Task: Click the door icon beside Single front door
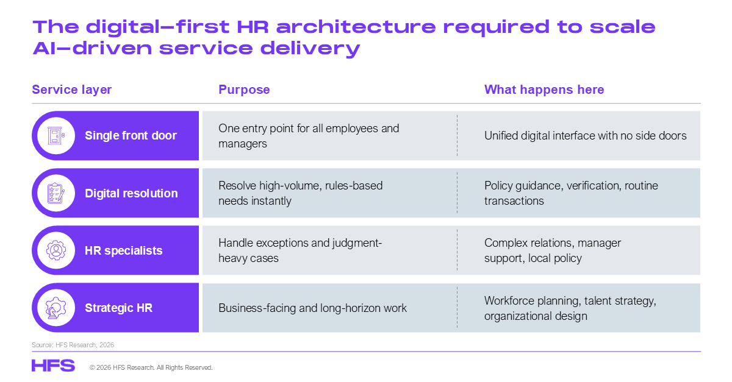[x=56, y=135]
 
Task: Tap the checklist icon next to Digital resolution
[x=56, y=193]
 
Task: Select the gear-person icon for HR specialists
[x=56, y=250]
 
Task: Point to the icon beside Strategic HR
[x=56, y=308]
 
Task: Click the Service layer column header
[x=71, y=90]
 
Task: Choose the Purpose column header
[x=244, y=90]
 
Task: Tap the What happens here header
[x=544, y=90]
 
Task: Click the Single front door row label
[x=131, y=135]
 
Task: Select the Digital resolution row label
[x=131, y=193]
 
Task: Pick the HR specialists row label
[x=123, y=251]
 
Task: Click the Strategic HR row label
[x=118, y=308]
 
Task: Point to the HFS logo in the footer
[x=53, y=366]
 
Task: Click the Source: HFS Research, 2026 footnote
[x=73, y=345]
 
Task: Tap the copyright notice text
[x=151, y=367]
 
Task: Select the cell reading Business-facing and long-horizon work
[x=312, y=308]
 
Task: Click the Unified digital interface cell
[x=585, y=135]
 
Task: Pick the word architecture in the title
[x=356, y=27]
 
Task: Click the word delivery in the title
[x=310, y=49]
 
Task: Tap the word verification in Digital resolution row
[x=594, y=185]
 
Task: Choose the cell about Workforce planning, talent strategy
[x=570, y=308]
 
